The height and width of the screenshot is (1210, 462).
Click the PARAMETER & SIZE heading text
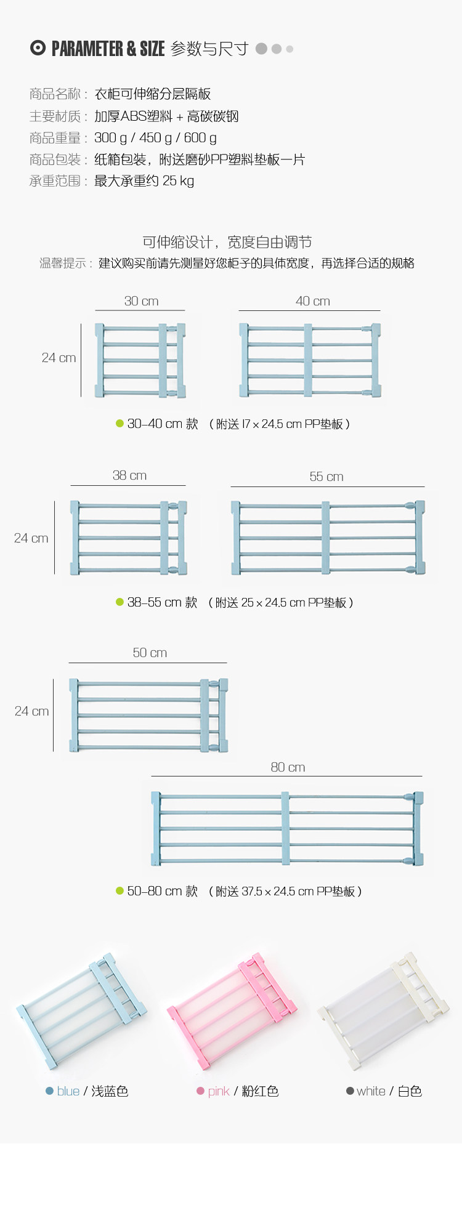tap(108, 49)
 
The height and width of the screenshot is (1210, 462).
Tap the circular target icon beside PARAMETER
tap(38, 48)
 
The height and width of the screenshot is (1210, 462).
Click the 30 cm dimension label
tap(141, 301)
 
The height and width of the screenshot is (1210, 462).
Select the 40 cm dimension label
tap(312, 301)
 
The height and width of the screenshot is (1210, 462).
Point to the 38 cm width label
tap(129, 475)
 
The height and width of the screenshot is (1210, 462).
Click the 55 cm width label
tap(326, 477)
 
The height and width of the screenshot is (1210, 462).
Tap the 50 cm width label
tap(150, 653)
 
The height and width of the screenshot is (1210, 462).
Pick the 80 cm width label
tap(288, 767)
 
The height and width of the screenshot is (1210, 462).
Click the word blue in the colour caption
tap(68, 1091)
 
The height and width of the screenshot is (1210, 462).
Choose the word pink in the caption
tap(219, 1091)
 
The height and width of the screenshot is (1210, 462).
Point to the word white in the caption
tap(371, 1091)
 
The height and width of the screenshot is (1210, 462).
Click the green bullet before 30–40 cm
tap(120, 423)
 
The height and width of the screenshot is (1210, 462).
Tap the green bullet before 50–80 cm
tap(120, 890)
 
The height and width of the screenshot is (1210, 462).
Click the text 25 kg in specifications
tap(178, 181)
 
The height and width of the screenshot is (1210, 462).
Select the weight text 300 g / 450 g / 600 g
tap(155, 138)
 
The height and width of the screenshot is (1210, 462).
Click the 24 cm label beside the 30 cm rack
tap(59, 358)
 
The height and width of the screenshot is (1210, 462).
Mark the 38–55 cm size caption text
tap(162, 602)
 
